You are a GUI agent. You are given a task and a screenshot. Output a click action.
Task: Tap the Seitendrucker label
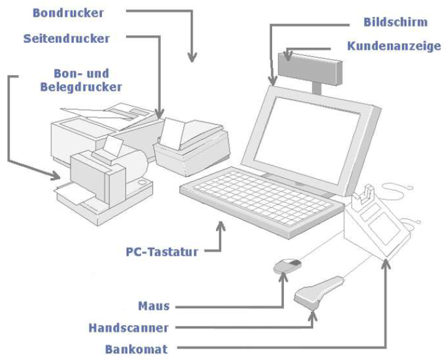coord(66,38)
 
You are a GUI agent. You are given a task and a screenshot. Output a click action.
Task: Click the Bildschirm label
coord(395,22)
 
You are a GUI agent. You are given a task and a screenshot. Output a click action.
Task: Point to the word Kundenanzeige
coord(394,47)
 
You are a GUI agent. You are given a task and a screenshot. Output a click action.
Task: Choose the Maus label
coord(154,306)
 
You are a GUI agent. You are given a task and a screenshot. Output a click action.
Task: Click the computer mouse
coord(288,268)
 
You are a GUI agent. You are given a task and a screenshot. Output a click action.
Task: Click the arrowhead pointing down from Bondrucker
coord(193,57)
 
